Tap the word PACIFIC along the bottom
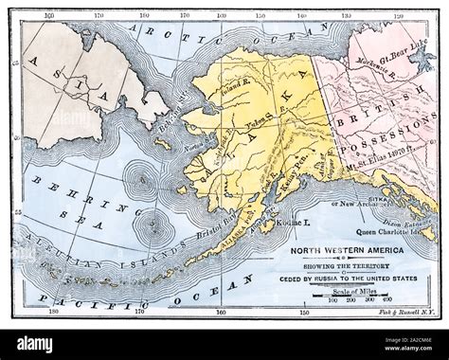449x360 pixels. click(x=76, y=300)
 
